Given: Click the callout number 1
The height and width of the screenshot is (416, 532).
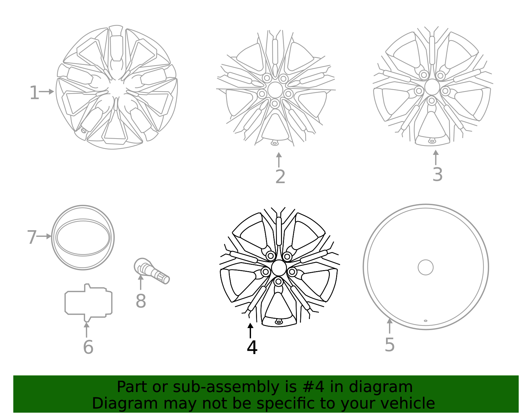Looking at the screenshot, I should (34, 93).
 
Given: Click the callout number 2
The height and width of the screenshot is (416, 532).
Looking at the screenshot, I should (280, 177).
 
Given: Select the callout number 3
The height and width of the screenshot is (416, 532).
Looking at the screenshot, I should (438, 174).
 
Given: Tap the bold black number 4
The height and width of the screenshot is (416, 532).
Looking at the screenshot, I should (252, 347).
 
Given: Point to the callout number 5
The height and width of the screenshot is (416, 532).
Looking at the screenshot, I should (390, 344).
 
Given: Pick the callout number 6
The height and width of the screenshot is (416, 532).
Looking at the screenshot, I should (88, 347).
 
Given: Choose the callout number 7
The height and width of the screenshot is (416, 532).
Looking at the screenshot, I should (32, 237).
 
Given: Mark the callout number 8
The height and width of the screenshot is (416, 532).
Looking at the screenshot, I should (141, 301).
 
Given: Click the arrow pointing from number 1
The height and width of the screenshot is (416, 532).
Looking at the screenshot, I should (47, 92).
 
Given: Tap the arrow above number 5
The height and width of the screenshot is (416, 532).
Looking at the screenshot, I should (390, 325).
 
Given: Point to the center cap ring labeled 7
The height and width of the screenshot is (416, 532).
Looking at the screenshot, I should (83, 237).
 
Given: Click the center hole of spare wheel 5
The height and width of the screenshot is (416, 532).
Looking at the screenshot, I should (426, 267).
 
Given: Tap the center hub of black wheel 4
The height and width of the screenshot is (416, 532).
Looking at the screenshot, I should (279, 268).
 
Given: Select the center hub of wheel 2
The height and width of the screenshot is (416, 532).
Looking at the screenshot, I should (275, 90).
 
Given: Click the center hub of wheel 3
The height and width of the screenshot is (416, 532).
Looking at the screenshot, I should (432, 87).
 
